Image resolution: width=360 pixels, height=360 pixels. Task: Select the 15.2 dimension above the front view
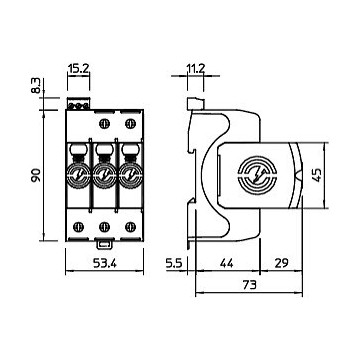[x=78, y=69]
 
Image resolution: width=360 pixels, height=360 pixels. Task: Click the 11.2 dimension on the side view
[x=196, y=69]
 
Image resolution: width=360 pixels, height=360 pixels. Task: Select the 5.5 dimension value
[x=173, y=264]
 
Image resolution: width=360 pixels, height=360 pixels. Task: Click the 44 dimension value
[x=228, y=264]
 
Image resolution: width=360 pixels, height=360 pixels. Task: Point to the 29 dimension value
[x=281, y=264]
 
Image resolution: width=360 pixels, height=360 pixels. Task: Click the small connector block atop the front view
[x=78, y=103]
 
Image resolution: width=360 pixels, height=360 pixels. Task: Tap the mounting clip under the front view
[x=104, y=244]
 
